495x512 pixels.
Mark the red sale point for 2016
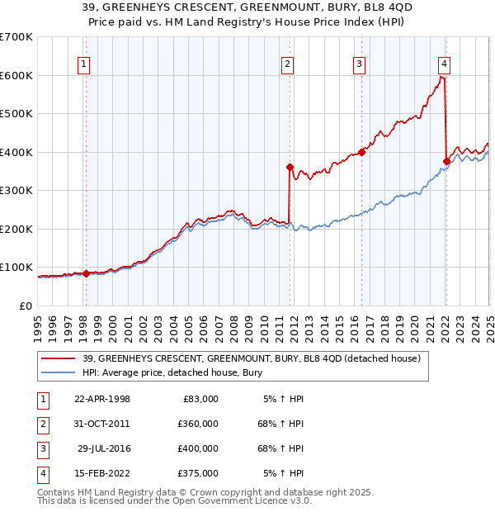coord(362,152)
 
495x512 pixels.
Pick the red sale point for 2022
coord(446,161)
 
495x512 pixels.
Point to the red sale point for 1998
coord(86,273)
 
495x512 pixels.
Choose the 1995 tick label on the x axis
coord(38,323)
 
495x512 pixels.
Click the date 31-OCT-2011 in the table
coord(101,424)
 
